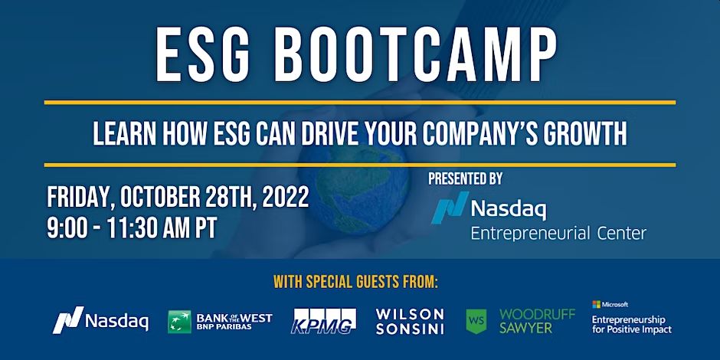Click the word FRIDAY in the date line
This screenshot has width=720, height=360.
[x=80, y=198]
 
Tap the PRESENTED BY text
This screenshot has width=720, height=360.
[x=465, y=178]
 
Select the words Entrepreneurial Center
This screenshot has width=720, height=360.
[x=558, y=234]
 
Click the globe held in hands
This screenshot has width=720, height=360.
[x=354, y=188]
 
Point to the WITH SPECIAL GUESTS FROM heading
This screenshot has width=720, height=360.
[x=356, y=281]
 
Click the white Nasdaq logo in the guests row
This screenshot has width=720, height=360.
[x=100, y=320]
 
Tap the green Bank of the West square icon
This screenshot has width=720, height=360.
[x=179, y=322]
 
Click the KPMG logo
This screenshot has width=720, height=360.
[x=323, y=320]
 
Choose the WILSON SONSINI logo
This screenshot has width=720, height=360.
[x=410, y=321]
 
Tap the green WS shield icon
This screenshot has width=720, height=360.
[x=476, y=321]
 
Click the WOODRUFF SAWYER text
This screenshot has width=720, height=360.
[x=537, y=321]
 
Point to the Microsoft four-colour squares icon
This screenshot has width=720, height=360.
[x=596, y=304]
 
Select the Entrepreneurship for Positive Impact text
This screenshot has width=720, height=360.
[x=631, y=324]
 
